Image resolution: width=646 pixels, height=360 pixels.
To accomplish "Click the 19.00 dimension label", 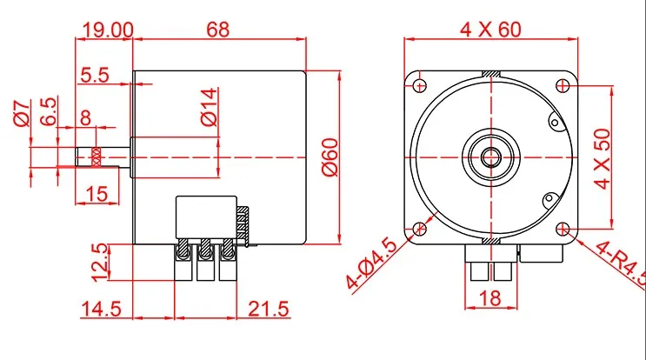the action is tap(109, 30).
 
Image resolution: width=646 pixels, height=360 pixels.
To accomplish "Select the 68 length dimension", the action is tap(218, 30).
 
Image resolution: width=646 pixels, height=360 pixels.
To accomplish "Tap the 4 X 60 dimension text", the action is tap(490, 30).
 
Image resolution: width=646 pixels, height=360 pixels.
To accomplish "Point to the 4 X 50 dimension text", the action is tap(603, 159).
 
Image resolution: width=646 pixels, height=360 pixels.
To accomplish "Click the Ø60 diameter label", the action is tap(330, 157).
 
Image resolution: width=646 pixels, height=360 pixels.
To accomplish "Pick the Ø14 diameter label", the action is tap(209, 106).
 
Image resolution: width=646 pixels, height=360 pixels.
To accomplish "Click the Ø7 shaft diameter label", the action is tap(22, 113).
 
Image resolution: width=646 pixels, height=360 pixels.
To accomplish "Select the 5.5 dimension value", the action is tap(95, 75).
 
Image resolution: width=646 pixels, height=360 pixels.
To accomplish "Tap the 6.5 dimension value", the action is tap(48, 111).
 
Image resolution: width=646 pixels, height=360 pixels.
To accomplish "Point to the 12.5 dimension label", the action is tap(100, 263).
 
